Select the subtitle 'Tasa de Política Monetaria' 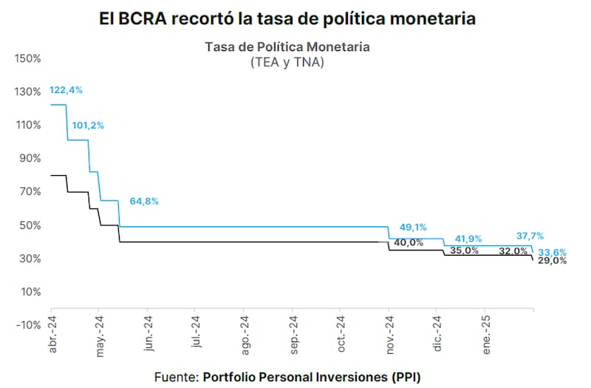287,47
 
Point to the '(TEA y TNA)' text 287,63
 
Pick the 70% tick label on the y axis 30,191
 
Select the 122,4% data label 66,90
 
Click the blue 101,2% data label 88,125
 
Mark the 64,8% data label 144,200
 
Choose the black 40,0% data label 409,242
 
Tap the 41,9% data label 468,238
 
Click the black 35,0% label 464,251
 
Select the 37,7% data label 530,236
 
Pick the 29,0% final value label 553,261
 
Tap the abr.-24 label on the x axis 53,333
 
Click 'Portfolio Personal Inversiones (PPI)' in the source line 311,376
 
